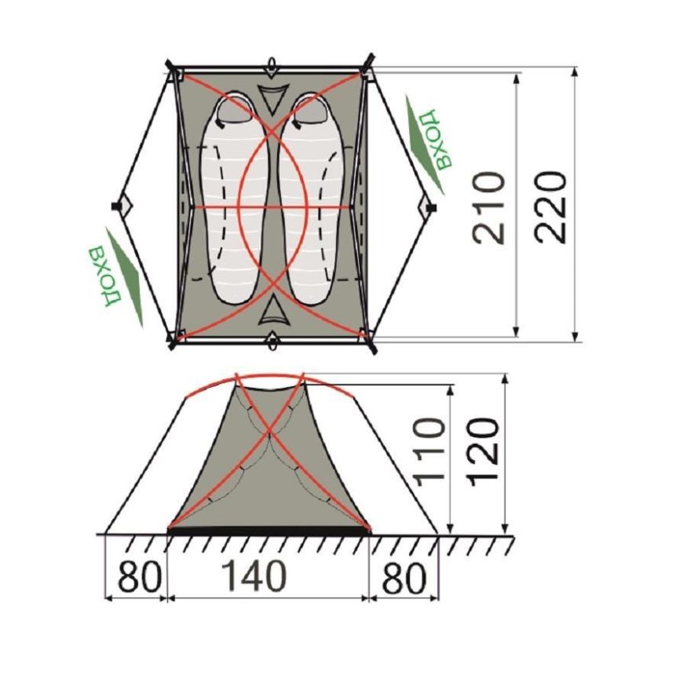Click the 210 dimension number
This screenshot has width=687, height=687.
[488, 208]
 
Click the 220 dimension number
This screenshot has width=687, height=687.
[550, 208]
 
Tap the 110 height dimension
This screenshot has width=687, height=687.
[430, 452]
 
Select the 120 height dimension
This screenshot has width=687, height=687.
[482, 452]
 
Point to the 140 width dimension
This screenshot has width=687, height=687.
[254, 576]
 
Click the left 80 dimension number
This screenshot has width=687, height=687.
[140, 576]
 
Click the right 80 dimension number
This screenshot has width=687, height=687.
[404, 577]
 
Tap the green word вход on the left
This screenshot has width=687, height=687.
[104, 277]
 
